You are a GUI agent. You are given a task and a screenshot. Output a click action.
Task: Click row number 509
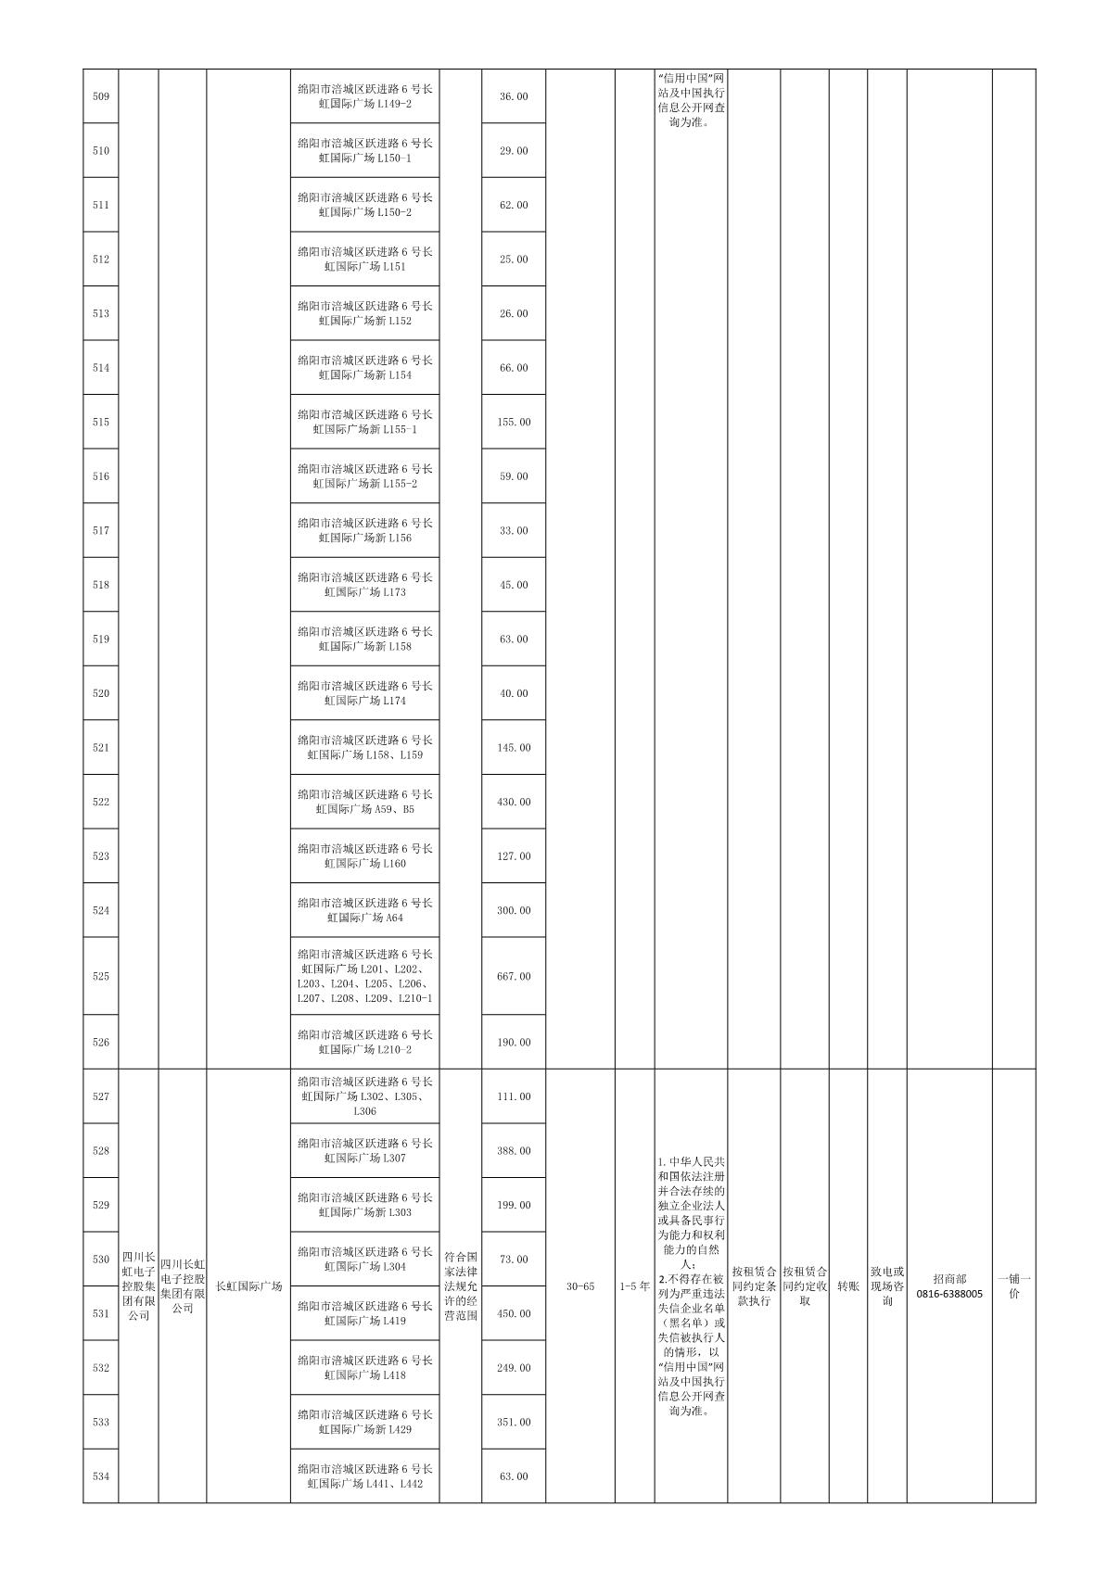coord(101,96)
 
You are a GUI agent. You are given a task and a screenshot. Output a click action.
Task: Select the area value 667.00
coord(514,976)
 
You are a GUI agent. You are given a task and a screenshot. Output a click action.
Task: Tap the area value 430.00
coord(514,802)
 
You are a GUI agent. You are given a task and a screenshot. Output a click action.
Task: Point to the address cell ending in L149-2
coord(364,96)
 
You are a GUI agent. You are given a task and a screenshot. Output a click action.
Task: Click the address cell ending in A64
coord(364,910)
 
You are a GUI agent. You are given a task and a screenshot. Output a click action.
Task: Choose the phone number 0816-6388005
coord(948,1293)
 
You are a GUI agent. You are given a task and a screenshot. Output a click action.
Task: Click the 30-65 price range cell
coord(579,1286)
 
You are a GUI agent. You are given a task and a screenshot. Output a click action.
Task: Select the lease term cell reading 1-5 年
coord(634,1286)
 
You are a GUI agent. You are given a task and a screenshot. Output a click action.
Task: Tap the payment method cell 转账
coord(847,1286)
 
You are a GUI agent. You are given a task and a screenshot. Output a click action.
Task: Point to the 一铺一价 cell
coord(1013,1286)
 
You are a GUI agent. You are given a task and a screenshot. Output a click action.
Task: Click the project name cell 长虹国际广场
coord(248,1286)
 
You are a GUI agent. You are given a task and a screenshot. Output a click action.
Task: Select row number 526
coord(101,1042)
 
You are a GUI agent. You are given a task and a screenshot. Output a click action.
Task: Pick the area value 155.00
coord(514,422)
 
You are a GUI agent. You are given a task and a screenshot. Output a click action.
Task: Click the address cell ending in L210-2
coord(364,1042)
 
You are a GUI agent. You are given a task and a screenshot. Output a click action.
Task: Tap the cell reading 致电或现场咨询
coord(886,1286)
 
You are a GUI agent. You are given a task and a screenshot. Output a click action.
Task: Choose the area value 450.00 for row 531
coord(514,1313)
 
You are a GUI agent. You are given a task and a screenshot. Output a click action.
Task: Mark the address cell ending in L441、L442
coord(364,1476)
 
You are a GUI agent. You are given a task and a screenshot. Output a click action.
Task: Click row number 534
coord(101,1476)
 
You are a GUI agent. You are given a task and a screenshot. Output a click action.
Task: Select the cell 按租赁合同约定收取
coord(804,1286)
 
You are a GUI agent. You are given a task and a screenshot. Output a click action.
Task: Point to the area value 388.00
coord(514,1150)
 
